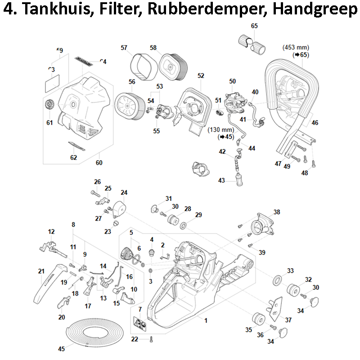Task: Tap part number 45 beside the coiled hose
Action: pos(62,349)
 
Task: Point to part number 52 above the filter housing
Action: pos(201,76)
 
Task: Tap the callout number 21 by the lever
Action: pos(41,271)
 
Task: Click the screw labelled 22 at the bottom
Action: pos(153,339)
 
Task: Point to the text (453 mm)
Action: pos(296,47)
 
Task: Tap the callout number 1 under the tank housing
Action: pos(206,321)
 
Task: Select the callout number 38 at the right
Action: pos(277,212)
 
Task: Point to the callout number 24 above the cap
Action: pos(124,193)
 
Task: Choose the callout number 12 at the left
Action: pos(51,232)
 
